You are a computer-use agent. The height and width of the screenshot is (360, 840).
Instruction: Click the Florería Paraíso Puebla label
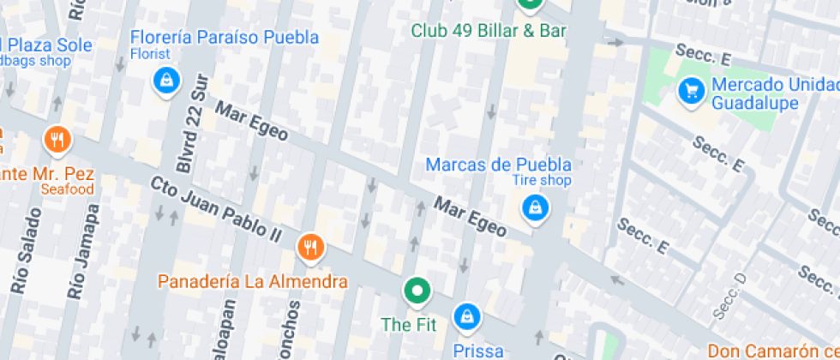[225, 38]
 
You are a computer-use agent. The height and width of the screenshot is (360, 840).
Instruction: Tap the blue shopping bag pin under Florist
[165, 81]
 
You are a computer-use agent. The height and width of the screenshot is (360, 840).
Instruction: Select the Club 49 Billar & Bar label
[489, 31]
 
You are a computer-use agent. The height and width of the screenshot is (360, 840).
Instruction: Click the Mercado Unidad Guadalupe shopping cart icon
[691, 89]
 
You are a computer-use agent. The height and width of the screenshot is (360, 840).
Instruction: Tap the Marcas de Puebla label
[498, 164]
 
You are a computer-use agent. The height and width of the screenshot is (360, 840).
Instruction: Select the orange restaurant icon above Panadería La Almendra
[310, 249]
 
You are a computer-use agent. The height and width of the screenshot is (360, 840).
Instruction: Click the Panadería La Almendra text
[253, 281]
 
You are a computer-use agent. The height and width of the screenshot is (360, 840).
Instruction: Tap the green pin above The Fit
[417, 291]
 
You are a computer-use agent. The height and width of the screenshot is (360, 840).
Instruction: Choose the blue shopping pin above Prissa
[466, 317]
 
